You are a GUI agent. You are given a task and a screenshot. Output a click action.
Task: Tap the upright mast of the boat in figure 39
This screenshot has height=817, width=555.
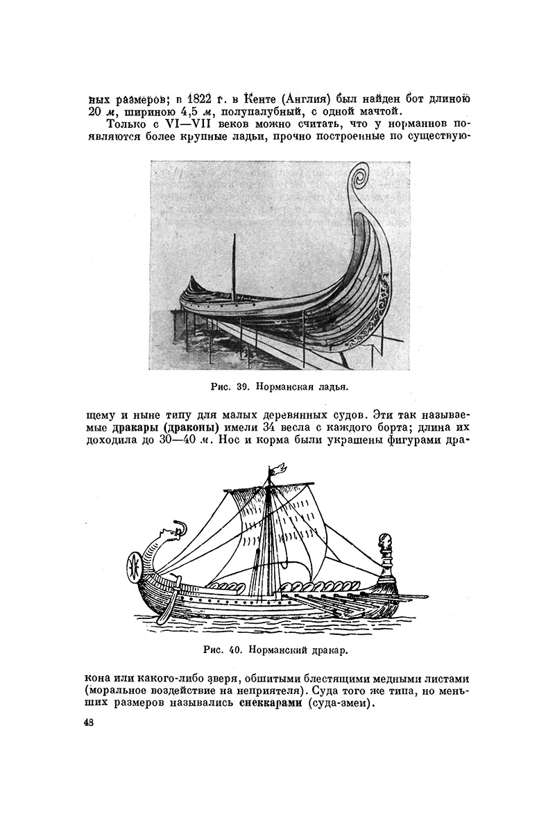(233, 264)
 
